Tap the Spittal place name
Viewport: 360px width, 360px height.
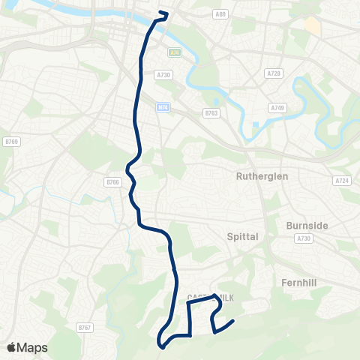[242, 236]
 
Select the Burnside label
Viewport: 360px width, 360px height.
[308, 224]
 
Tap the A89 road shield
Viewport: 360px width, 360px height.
[220, 14]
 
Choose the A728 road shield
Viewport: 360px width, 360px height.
[273, 73]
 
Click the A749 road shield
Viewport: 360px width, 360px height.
[279, 109]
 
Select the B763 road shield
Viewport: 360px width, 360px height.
[211, 113]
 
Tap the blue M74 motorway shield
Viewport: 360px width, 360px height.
[163, 107]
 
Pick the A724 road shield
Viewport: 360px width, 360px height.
[341, 180]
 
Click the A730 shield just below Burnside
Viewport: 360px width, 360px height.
[304, 238]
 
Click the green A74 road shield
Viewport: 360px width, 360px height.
[175, 52]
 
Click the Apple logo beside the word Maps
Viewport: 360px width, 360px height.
[13, 347]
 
